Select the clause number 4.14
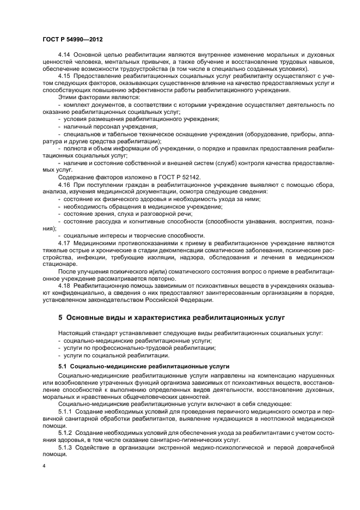[64, 55]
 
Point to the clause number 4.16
[64, 185]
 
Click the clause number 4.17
[64, 242]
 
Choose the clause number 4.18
[64, 285]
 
